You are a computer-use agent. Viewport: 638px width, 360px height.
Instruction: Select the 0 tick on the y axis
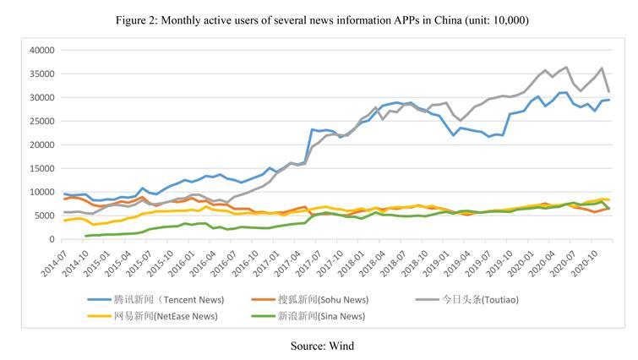coord(51,239)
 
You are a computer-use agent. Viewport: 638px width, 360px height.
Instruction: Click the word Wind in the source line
coord(341,346)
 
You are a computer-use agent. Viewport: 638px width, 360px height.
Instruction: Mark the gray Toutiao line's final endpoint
coord(609,91)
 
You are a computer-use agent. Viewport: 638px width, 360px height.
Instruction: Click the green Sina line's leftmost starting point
coord(85,236)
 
